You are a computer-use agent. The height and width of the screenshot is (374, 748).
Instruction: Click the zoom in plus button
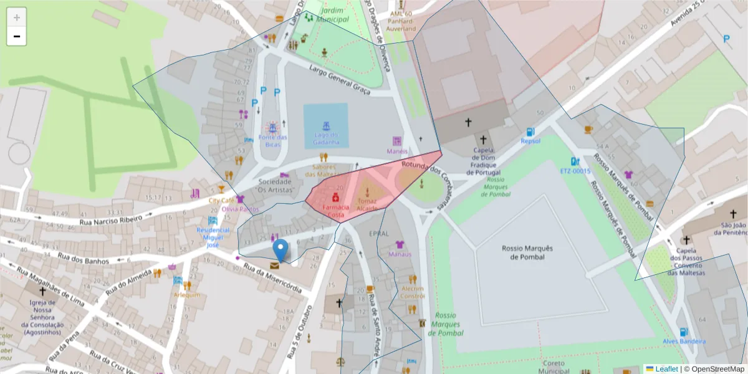tap(16, 17)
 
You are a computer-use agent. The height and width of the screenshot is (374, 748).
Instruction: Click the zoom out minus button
tap(16, 36)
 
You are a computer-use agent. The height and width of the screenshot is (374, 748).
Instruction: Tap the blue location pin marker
tap(281, 250)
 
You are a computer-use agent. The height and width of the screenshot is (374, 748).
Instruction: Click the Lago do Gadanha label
tap(325, 138)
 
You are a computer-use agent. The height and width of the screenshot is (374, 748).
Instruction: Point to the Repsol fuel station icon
tap(530, 132)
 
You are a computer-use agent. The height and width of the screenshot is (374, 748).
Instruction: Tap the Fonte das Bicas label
tap(273, 140)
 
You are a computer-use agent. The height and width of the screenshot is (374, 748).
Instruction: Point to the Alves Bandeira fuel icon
tap(684, 332)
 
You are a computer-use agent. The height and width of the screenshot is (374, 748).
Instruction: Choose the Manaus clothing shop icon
tap(400, 244)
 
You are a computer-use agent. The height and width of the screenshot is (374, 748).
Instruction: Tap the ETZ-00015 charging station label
tap(575, 171)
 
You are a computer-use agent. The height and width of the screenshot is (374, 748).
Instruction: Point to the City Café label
tap(221, 201)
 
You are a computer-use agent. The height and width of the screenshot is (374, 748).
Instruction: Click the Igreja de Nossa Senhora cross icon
tap(42, 291)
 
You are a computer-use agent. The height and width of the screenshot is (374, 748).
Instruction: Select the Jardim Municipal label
tap(333, 15)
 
